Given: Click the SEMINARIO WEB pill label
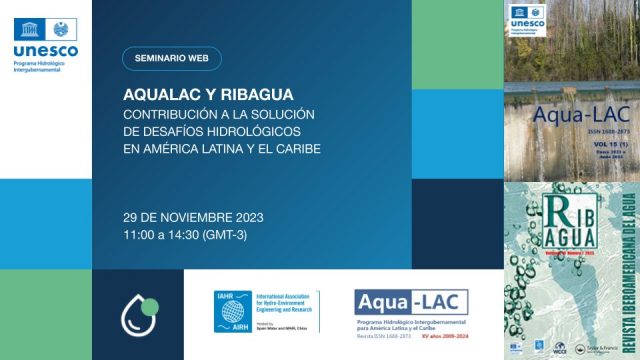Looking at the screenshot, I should click(x=172, y=58).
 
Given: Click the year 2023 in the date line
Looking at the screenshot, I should click(x=254, y=217).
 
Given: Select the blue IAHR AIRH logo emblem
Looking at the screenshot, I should click(x=233, y=312).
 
